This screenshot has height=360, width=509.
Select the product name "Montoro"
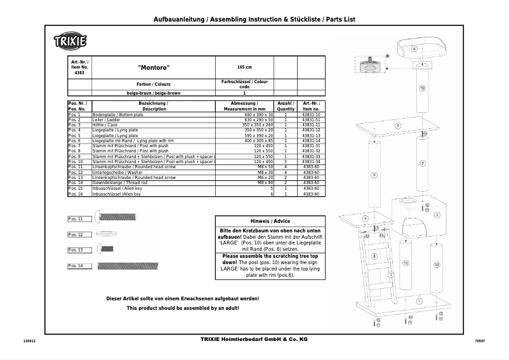(154, 67)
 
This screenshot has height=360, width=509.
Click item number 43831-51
(311, 120)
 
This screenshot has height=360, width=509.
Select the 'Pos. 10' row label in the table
(76, 162)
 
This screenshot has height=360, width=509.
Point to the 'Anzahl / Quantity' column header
(286, 105)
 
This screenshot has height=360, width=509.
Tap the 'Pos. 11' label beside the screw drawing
(76, 218)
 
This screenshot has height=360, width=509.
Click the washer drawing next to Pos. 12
(105, 234)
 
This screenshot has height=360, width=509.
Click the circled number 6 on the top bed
(414, 48)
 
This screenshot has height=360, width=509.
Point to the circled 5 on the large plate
(397, 126)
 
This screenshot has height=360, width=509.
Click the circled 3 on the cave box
(437, 215)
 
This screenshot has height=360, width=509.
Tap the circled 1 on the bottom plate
(419, 300)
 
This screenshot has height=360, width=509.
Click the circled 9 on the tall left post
(374, 175)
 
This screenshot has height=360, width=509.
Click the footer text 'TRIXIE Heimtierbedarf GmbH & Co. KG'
(253, 340)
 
